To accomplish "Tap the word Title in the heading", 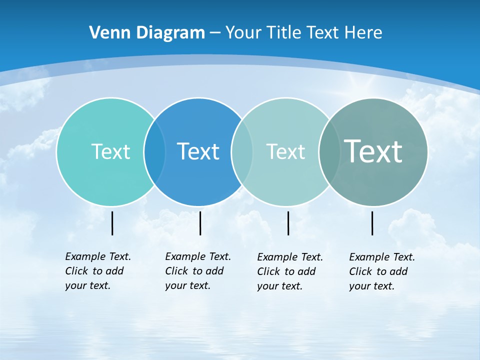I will point(284,32).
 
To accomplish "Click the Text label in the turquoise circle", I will point(110,151).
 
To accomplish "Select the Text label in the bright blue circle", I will point(198,151).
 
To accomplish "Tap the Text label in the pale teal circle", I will point(285,151).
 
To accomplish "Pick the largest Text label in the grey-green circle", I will point(373,151).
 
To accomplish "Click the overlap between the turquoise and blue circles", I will point(154,151).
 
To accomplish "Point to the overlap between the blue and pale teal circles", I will point(242,151).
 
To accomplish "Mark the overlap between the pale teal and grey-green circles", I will point(328,151).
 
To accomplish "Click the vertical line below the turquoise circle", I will point(112,223).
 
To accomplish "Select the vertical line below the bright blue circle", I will point(200,223).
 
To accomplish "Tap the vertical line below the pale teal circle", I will point(288,223).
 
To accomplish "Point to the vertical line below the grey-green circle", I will point(372,223).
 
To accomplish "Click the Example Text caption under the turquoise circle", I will point(97,271).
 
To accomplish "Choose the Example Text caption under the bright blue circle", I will point(197,271).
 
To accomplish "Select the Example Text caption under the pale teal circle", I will point(289,271).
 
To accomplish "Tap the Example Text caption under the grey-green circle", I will point(381,271).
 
